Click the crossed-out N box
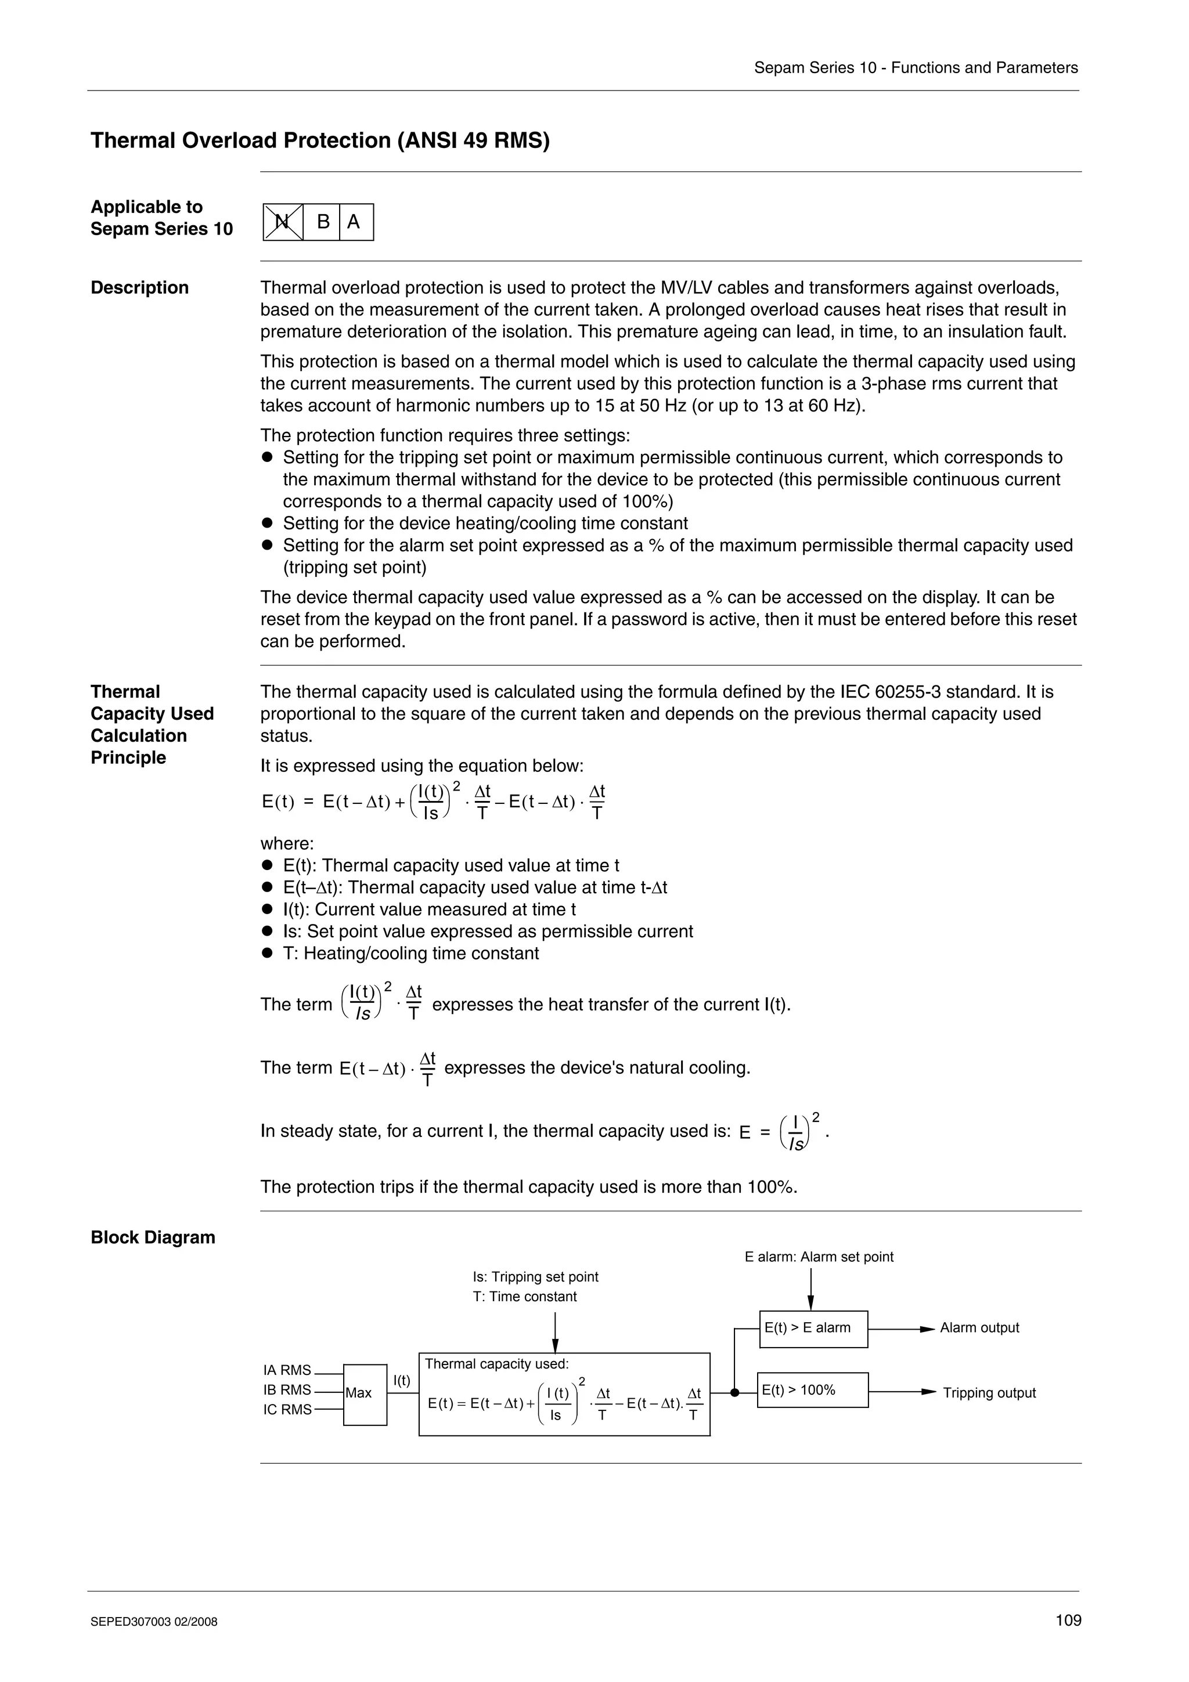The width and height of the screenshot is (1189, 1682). pos(283,222)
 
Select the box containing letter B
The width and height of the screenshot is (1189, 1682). pos(322,222)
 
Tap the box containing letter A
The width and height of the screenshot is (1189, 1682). pos(355,222)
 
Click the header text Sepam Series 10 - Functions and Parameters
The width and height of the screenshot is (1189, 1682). pos(916,68)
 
